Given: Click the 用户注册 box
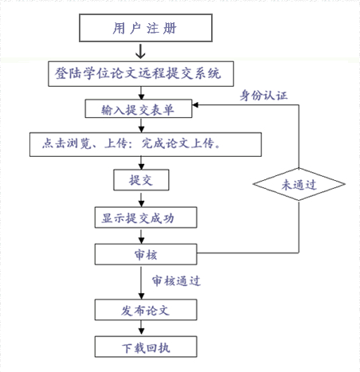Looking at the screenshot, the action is point(146,28).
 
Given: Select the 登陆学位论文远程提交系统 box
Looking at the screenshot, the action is point(141,74).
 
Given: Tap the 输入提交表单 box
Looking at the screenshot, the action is point(139,108).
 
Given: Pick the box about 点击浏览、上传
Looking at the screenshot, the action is point(146,144).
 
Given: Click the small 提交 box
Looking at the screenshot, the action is point(141,180).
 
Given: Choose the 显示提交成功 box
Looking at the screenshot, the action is point(146,217).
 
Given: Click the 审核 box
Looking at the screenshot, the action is point(146,254).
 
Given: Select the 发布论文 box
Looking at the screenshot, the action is point(146,310).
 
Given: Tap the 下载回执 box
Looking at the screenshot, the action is point(146,347).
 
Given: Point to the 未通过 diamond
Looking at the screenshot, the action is point(299,184).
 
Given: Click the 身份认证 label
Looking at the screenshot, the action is point(264,95).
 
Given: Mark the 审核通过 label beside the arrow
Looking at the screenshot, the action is point(176,280).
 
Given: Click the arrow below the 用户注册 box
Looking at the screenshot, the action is point(140,51).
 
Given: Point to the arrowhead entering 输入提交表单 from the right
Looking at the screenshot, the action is point(195,105).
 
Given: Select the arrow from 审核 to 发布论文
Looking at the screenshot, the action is point(141,283).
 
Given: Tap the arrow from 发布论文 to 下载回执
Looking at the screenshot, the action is point(141,327).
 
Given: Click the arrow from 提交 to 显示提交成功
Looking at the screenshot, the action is point(141,199).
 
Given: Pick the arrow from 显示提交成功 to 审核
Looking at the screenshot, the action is point(141,237).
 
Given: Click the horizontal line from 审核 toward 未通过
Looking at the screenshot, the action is point(248,253).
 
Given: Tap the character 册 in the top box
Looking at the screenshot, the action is point(170,28).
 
